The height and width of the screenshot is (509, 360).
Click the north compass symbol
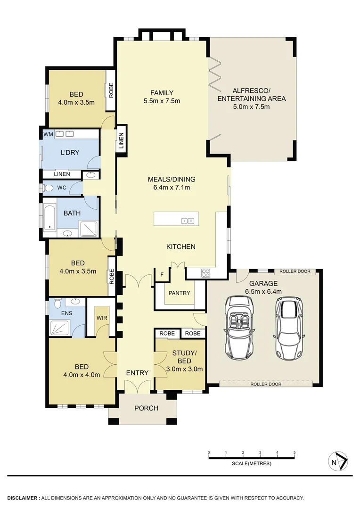pos(338,461)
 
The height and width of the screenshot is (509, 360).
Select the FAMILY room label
pos(162,93)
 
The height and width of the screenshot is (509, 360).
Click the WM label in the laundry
pos(48,134)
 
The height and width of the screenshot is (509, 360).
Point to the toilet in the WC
pos(49,188)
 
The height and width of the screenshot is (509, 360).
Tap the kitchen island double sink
pos(188,221)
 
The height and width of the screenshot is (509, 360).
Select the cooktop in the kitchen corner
pos(206,272)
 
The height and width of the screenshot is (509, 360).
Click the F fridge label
pos(162,274)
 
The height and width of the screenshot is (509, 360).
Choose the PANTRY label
pos(180,293)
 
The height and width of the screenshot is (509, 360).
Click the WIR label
pos(102,318)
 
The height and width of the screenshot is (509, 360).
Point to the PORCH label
pos(147,408)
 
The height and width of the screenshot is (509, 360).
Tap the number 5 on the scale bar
pos(295,452)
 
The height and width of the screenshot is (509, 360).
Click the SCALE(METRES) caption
pos(252,464)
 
